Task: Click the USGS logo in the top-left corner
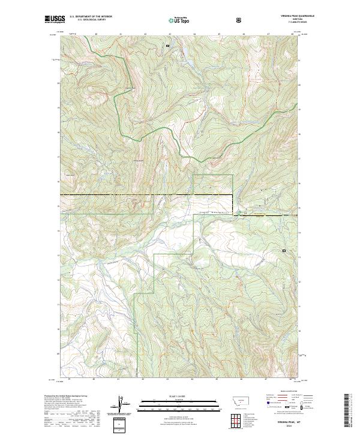(55, 20)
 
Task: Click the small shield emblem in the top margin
(240, 20)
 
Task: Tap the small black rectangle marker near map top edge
(168, 45)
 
